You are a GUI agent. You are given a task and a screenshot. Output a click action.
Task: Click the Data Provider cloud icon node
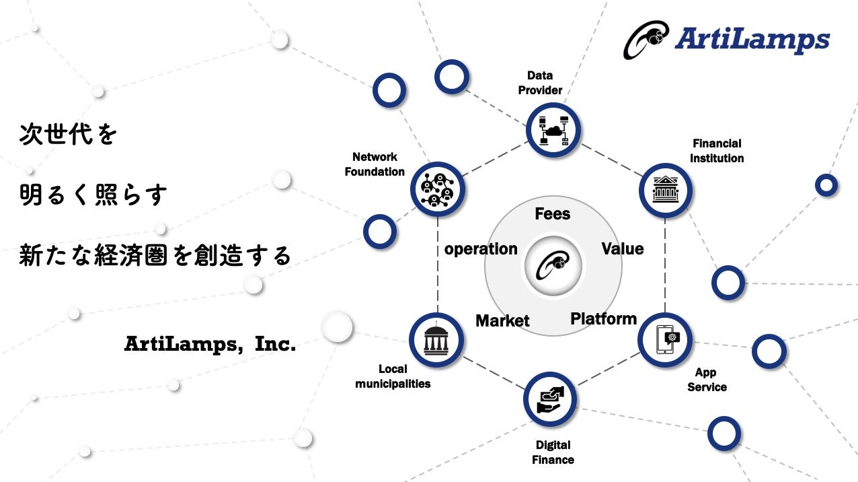pyautogui.click(x=553, y=131)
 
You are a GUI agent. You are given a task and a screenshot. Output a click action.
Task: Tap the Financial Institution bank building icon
pyautogui.click(x=665, y=191)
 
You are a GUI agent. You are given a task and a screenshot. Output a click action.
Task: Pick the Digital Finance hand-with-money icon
pyautogui.click(x=550, y=399)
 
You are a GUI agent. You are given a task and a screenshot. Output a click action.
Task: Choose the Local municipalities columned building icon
pyautogui.click(x=436, y=341)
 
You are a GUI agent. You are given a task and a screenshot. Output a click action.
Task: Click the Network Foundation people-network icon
pyautogui.click(x=437, y=190)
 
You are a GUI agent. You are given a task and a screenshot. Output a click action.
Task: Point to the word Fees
pyautogui.click(x=553, y=214)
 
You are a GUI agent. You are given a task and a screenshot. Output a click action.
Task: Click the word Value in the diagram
pyautogui.click(x=622, y=249)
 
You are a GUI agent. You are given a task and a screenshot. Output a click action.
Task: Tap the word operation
pyautogui.click(x=481, y=249)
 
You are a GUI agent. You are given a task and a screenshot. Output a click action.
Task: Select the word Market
pyautogui.click(x=502, y=321)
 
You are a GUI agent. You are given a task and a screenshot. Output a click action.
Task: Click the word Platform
pyautogui.click(x=603, y=318)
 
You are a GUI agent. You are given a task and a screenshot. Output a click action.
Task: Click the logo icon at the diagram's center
pyautogui.click(x=553, y=265)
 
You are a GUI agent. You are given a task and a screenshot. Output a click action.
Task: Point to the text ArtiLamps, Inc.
pyautogui.click(x=210, y=344)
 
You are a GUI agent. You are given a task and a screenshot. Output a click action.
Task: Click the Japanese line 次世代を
pyautogui.click(x=69, y=135)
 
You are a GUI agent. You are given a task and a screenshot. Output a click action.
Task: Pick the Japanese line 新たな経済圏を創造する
pyautogui.click(x=155, y=256)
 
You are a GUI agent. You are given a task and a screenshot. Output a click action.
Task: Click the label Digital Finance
pyautogui.click(x=553, y=452)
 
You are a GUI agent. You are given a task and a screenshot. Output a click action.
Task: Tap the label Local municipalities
pyautogui.click(x=393, y=376)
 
